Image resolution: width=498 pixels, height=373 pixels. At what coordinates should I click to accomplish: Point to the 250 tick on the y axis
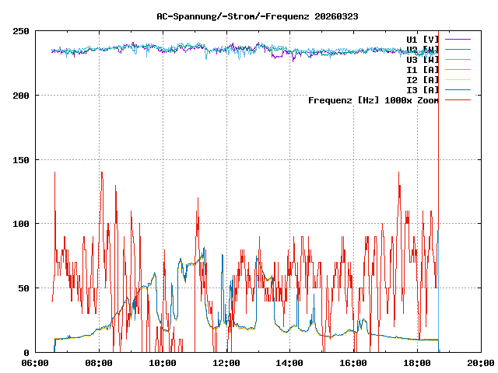coord(21,31)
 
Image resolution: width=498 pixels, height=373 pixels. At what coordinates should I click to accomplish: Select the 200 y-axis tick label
coord(21,96)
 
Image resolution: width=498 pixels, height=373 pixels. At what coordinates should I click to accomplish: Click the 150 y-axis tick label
coord(21,159)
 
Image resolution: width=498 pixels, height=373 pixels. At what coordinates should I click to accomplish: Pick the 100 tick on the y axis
coord(21,224)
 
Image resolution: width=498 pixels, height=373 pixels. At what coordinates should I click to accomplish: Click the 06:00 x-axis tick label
coord(36,363)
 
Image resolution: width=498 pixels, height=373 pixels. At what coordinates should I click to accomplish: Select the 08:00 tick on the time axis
coord(100,363)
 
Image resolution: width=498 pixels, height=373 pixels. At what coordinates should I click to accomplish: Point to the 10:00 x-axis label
coord(163,363)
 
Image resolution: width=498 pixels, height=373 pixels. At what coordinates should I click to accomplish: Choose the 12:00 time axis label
coord(226,363)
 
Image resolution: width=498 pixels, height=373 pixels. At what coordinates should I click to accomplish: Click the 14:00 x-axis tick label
coord(290,363)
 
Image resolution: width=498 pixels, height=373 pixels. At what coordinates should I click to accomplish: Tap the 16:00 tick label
coord(354,363)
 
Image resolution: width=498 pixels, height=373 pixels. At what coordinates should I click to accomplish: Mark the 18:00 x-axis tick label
coord(417,363)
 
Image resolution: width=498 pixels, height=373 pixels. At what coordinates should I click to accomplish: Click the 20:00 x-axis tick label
coord(481,363)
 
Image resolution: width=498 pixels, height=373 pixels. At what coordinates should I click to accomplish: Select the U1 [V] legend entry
coord(423,39)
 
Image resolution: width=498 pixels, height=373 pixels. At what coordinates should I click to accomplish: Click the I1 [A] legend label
coord(423,69)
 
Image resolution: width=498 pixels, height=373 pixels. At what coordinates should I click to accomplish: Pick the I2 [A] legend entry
coord(423,79)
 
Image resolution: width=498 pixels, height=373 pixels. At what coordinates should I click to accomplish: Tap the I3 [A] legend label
coord(423,89)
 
